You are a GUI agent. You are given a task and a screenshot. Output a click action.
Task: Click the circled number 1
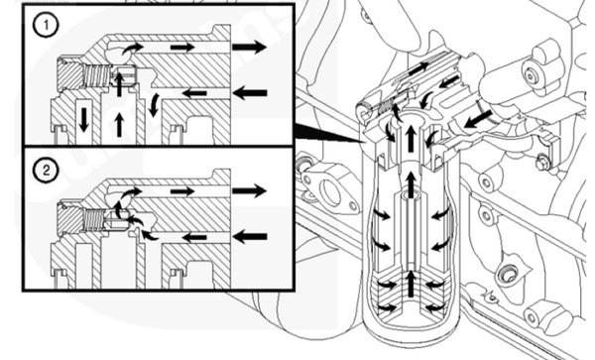(46, 26)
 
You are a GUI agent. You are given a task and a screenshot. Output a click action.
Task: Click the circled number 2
(46, 171)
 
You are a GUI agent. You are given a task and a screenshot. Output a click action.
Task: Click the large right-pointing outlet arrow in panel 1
(249, 47)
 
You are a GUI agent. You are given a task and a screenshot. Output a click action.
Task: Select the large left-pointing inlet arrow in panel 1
(250, 93)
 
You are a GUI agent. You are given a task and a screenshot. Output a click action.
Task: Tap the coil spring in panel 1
(96, 76)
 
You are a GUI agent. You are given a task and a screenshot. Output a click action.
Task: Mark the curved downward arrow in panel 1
(154, 105)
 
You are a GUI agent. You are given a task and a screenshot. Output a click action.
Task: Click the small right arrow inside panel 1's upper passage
(182, 47)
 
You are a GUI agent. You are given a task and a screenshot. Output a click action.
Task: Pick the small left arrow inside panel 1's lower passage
(194, 93)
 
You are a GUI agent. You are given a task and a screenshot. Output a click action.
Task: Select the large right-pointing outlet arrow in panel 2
(249, 190)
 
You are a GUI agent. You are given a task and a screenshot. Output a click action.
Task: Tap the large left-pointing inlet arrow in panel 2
(250, 237)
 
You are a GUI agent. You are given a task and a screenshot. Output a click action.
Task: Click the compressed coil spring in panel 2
(93, 221)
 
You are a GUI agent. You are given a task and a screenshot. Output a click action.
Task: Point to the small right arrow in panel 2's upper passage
(182, 191)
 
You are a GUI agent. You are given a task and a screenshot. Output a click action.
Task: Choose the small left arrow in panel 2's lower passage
(194, 238)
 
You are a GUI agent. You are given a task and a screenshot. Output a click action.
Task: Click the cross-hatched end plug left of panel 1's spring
(69, 76)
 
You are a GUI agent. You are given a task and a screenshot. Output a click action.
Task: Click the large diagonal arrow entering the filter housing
(478, 118)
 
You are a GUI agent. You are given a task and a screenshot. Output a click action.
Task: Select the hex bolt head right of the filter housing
(542, 164)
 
